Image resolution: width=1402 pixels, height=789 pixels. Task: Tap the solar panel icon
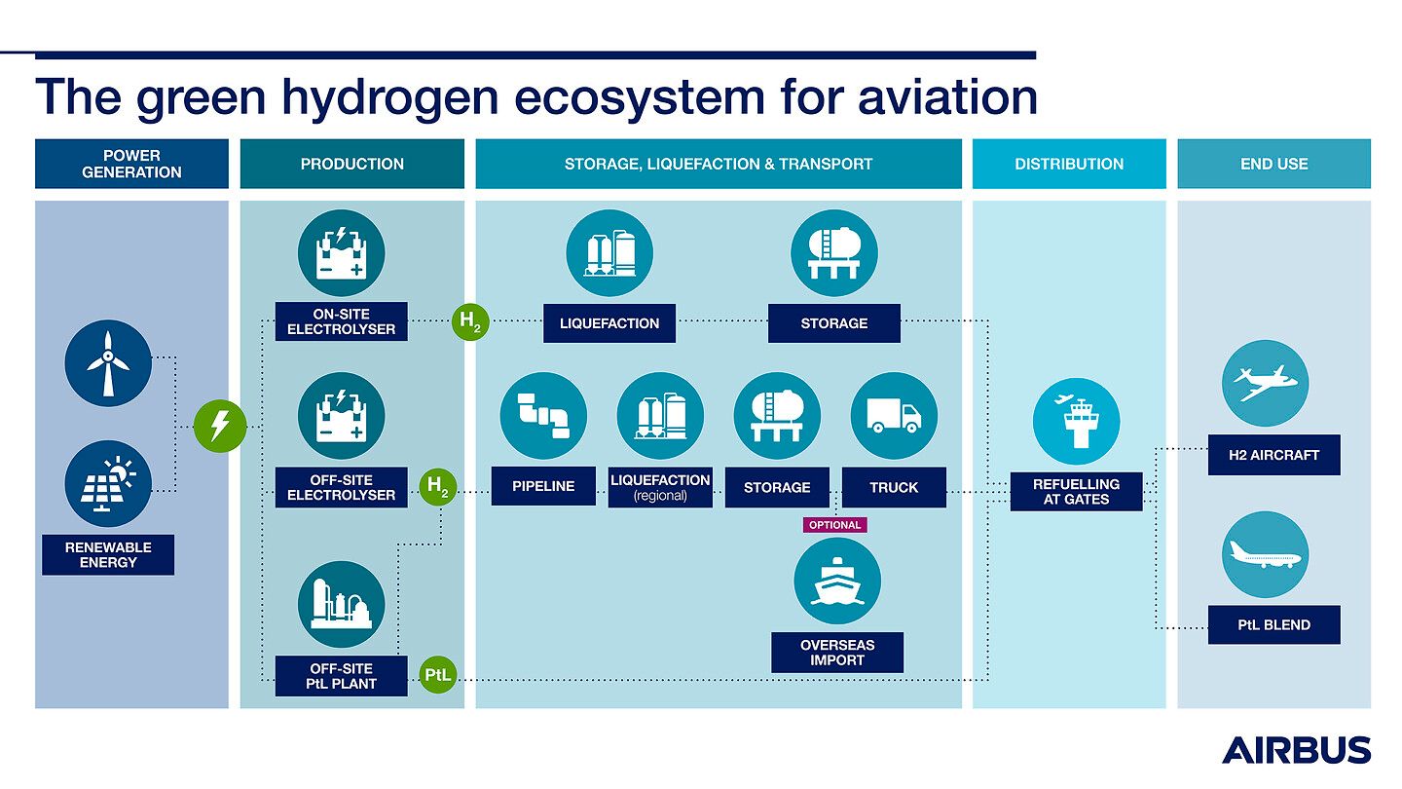(108, 483)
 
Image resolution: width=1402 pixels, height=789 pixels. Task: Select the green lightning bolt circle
(220, 426)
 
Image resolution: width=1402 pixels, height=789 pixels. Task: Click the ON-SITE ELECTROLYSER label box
(341, 321)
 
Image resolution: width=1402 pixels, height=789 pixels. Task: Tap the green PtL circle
(438, 675)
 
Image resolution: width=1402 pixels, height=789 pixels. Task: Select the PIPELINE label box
(543, 487)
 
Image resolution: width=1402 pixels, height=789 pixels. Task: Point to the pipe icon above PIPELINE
(543, 416)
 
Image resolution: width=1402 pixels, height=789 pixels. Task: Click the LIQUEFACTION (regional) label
(661, 487)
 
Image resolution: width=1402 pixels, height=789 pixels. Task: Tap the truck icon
(894, 416)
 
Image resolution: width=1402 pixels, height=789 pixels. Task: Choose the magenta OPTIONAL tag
(834, 525)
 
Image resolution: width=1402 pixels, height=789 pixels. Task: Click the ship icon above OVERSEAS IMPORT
(837, 581)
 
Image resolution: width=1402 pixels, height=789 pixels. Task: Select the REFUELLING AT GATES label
(1076, 492)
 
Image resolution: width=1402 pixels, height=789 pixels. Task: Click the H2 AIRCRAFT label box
(1273, 455)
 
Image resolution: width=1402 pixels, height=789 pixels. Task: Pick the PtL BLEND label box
(1273, 625)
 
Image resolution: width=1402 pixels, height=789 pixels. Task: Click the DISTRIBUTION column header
(1069, 164)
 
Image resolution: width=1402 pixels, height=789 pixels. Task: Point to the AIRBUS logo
(1296, 749)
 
